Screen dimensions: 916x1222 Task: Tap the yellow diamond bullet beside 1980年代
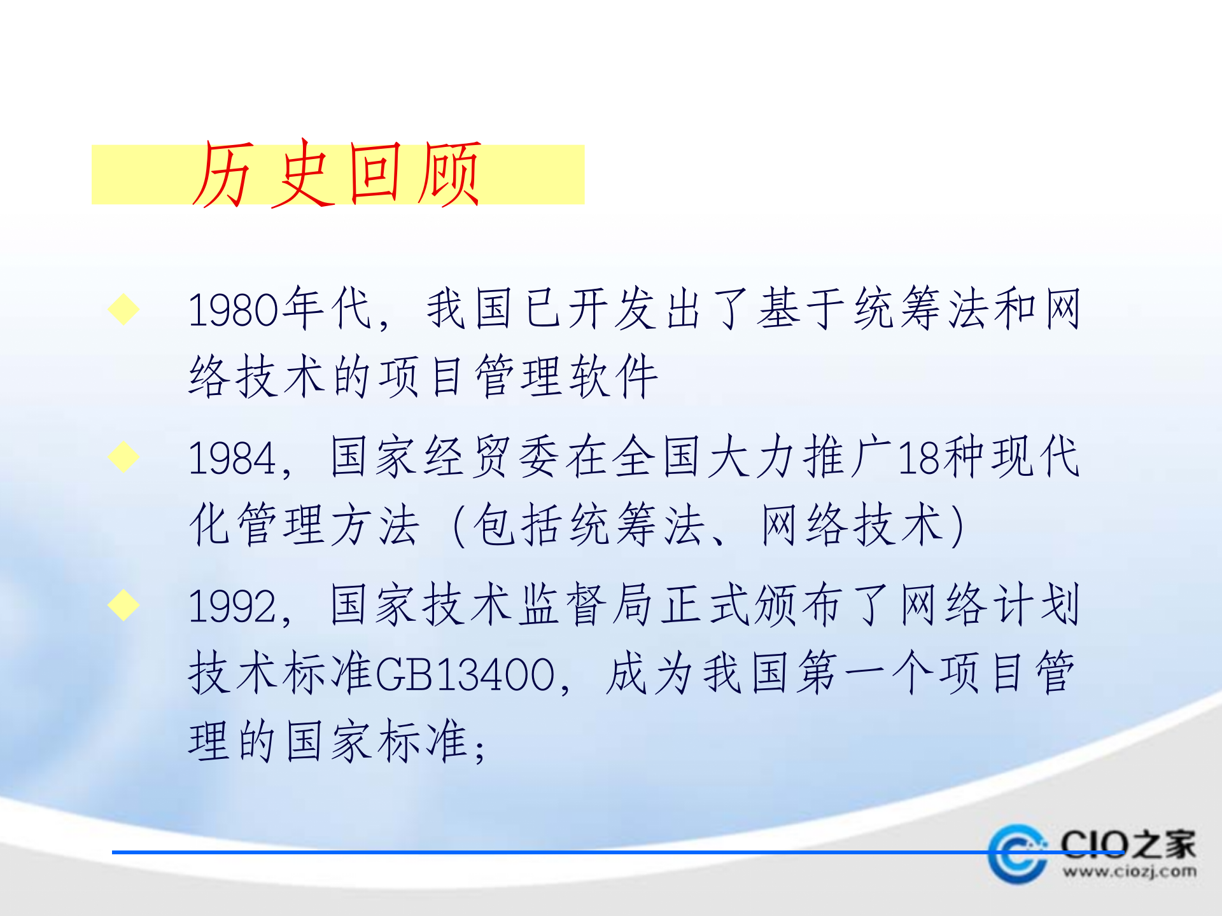123,309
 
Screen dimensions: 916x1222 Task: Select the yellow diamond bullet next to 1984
123,457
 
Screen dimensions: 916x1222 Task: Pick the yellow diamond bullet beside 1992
123,604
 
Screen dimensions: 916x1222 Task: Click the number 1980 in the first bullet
234,310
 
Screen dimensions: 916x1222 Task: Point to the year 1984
232,458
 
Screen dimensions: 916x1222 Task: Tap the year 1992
232,606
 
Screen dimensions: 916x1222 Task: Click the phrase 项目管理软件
519,377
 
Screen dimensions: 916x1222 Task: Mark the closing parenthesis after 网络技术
956,525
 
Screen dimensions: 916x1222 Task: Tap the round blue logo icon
1017,854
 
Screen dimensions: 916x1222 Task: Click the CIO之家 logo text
1128,843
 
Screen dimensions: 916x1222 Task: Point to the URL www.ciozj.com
1129,871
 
